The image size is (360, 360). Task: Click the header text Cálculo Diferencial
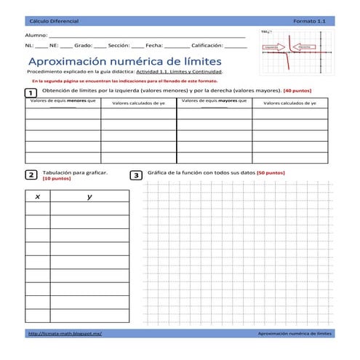pos(53,23)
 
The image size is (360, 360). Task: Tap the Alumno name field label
pos(36,35)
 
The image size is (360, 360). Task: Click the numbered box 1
pos(31,94)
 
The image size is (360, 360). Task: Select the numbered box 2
pos(31,175)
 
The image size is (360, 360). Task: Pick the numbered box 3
pos(136,175)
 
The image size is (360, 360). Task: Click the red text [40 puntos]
pos(297,91)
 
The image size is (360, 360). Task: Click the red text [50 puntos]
pos(271,173)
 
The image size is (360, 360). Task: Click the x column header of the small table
pos(37,197)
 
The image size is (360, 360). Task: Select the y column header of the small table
pos(89,197)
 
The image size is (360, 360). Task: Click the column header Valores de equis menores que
pos(63,103)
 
